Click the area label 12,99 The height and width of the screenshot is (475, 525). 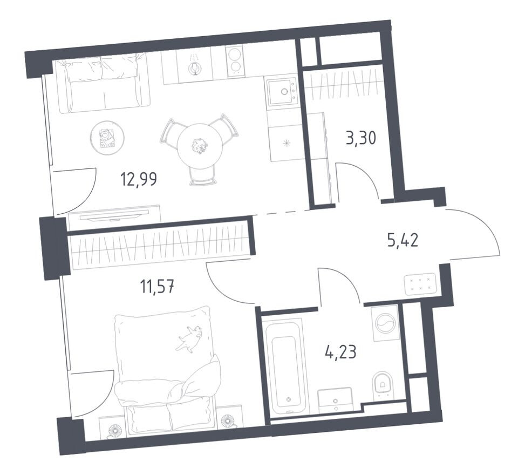(x=139, y=179)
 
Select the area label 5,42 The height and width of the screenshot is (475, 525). (x=403, y=240)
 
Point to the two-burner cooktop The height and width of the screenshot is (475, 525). (x=235, y=60)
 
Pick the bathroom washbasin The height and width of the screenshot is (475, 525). (x=335, y=400)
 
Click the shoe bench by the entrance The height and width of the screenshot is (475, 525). (x=420, y=284)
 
